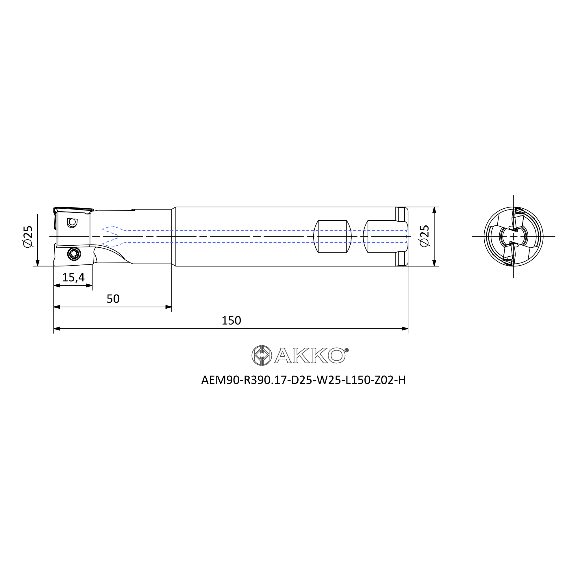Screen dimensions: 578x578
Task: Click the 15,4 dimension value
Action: point(73,278)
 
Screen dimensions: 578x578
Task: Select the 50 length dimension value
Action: point(113,299)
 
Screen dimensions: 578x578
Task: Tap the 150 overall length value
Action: point(231,321)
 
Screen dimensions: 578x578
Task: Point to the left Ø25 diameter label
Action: point(28,237)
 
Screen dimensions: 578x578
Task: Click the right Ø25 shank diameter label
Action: point(425,236)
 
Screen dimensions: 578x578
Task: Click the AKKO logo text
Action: point(310,355)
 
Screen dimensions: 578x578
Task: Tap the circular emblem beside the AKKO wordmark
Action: point(262,355)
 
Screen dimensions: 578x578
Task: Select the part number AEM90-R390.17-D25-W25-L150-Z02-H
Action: point(303,380)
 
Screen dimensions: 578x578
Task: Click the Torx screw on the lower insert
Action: point(74,254)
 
